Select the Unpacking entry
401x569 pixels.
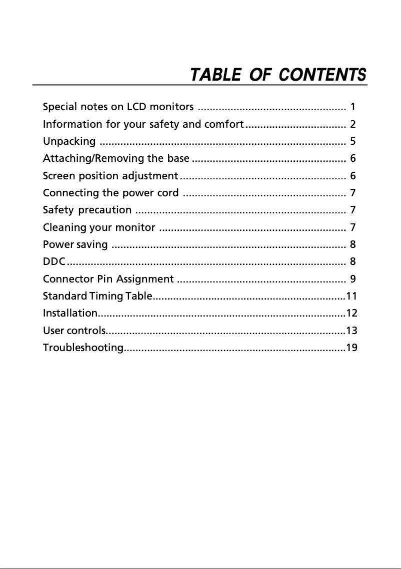(69, 141)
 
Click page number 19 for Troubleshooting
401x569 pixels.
(351, 348)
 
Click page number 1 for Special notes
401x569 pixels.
(353, 107)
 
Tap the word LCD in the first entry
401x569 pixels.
(136, 107)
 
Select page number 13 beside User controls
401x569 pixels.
(351, 331)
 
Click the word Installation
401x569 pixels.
(70, 314)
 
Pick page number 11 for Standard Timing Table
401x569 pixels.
(351, 296)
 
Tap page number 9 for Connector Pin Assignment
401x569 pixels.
(353, 278)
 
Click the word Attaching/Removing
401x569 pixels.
(89, 159)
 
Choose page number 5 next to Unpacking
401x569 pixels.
(353, 141)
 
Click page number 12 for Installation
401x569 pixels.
(351, 314)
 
